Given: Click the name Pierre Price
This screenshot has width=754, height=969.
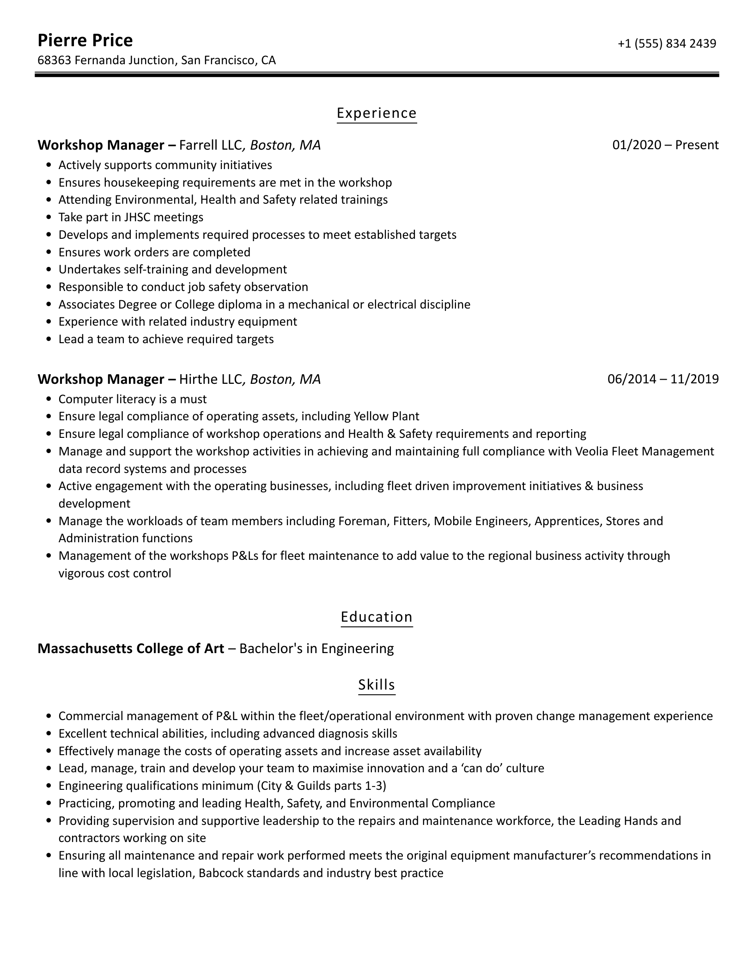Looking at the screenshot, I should [x=85, y=41].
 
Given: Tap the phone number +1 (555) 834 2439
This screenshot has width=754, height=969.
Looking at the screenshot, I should [x=667, y=43].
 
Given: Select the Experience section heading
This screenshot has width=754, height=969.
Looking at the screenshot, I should [x=377, y=113].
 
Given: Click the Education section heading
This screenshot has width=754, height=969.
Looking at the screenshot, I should [x=377, y=617].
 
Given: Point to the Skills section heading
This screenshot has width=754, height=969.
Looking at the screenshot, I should [x=377, y=684].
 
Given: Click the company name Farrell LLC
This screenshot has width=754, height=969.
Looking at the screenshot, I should [x=210, y=145].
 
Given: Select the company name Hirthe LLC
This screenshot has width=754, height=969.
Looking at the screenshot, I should [x=210, y=379].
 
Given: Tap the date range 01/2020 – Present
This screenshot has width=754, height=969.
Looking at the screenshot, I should [x=665, y=145].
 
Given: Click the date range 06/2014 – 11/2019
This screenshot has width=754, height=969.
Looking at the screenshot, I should [x=663, y=379].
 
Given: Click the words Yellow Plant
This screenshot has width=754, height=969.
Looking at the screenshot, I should [x=386, y=417].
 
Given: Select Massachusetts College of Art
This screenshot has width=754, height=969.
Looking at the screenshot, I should [x=131, y=649].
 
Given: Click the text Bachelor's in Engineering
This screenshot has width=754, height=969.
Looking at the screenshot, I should [x=316, y=649].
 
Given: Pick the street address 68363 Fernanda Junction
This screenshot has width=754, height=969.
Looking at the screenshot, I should [x=106, y=61].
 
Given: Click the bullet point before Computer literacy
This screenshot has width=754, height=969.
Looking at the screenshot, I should [x=49, y=400].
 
